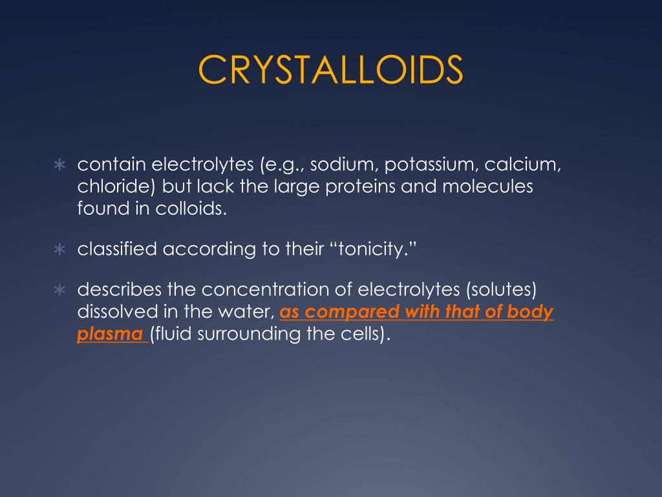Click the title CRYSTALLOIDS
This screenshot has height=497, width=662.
tap(330, 70)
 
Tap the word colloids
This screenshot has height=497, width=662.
tap(194, 208)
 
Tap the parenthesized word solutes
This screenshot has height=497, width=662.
tap(502, 291)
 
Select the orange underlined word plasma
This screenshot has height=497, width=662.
tap(110, 335)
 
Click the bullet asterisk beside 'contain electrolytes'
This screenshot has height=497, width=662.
tap(59, 166)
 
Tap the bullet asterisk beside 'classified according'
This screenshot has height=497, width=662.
tap(59, 250)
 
